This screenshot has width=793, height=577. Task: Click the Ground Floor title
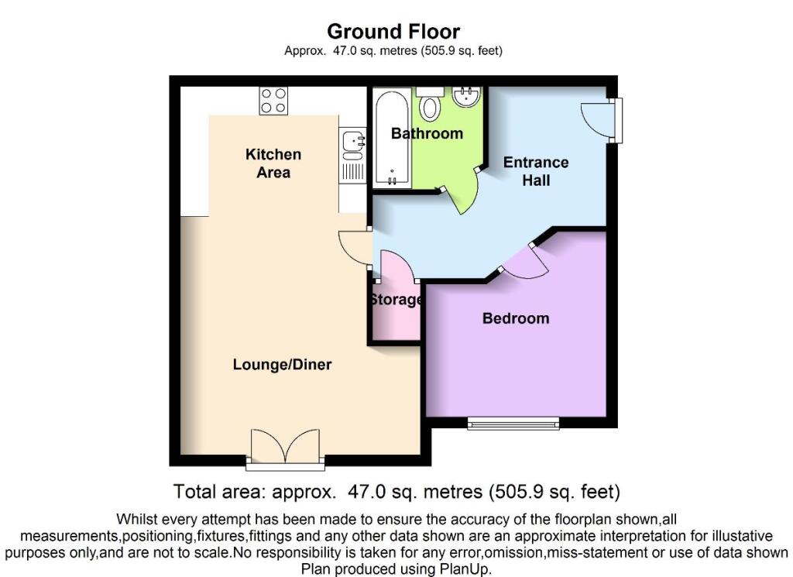tap(393, 31)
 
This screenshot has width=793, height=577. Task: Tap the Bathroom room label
tap(427, 133)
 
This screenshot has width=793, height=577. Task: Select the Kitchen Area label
tap(273, 163)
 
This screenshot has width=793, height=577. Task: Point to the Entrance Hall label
tap(536, 171)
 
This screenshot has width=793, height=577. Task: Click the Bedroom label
tap(516, 318)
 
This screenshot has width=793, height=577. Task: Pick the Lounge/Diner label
tap(282, 365)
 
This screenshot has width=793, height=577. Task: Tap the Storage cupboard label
tap(396, 300)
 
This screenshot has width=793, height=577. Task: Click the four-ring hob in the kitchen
tap(273, 101)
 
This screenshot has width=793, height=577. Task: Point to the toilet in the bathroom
tap(430, 105)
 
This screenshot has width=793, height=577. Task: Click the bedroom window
tap(513, 424)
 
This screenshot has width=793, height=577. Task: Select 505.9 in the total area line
tap(519, 492)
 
